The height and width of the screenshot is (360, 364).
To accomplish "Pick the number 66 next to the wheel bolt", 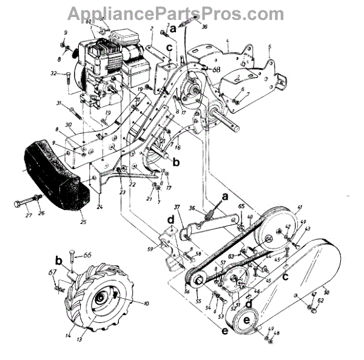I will tap(86, 255).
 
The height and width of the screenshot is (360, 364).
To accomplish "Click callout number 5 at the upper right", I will tap(278, 46).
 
